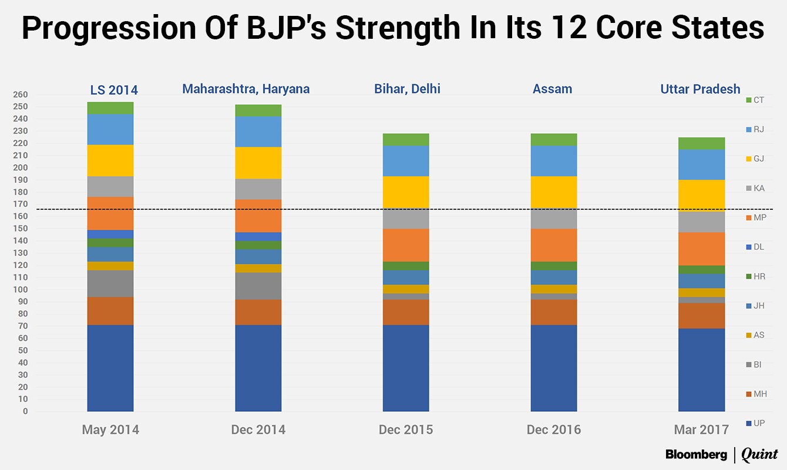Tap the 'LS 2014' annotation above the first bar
(x=114, y=90)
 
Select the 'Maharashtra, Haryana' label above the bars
(x=245, y=89)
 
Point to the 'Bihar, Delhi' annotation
(x=407, y=89)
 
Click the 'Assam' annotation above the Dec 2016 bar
(x=552, y=89)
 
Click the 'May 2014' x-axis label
(x=110, y=429)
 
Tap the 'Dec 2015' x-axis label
(x=406, y=429)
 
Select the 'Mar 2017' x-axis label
(x=701, y=429)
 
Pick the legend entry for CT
(x=755, y=100)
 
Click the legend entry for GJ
(x=755, y=159)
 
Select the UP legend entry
(x=755, y=423)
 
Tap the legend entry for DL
(x=755, y=247)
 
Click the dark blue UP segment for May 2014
(x=110, y=368)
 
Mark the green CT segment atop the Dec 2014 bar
(x=258, y=110)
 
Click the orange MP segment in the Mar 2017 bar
(x=701, y=249)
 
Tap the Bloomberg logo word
(x=696, y=454)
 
